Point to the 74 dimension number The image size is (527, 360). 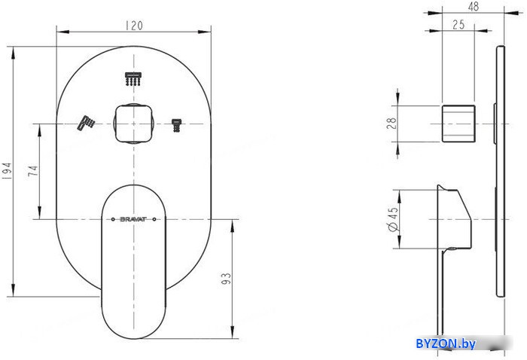click(32, 171)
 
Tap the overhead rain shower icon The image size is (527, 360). click(133, 78)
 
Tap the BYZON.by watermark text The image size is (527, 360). click(445, 343)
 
